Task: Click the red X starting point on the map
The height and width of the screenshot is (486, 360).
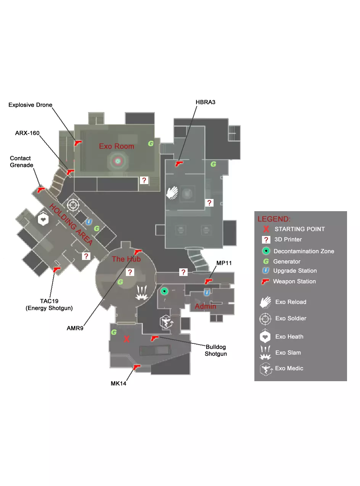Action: coord(127,339)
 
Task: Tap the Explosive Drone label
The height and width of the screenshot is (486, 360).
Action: coord(30,105)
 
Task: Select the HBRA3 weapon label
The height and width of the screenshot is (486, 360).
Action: coord(206,102)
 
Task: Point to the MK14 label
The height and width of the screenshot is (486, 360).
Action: coord(118,383)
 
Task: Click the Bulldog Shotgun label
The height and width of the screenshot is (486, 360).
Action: coord(216,350)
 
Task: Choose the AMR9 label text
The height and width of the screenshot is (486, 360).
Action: coord(75,328)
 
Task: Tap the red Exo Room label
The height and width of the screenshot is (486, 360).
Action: coord(116,146)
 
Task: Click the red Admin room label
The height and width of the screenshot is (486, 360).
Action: coord(206,306)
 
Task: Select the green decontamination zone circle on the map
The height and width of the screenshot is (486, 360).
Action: coord(164,291)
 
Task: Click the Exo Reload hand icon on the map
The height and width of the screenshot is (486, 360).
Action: coord(172,192)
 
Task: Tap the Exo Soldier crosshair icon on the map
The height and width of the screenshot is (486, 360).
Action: coord(73,205)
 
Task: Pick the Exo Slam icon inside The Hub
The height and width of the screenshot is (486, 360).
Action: coord(141,292)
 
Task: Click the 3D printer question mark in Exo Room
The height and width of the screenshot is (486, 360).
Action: coord(144,180)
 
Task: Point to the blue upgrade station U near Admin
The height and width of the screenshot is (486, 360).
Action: coord(207,292)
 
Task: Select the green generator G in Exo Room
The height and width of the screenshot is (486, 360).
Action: coord(151,144)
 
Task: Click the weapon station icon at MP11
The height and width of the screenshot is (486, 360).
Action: coord(208,281)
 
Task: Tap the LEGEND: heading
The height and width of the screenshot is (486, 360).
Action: coord(274,219)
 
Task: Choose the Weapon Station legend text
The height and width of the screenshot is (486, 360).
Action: coord(294,281)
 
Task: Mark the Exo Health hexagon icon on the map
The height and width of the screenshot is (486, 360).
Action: coord(43,219)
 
